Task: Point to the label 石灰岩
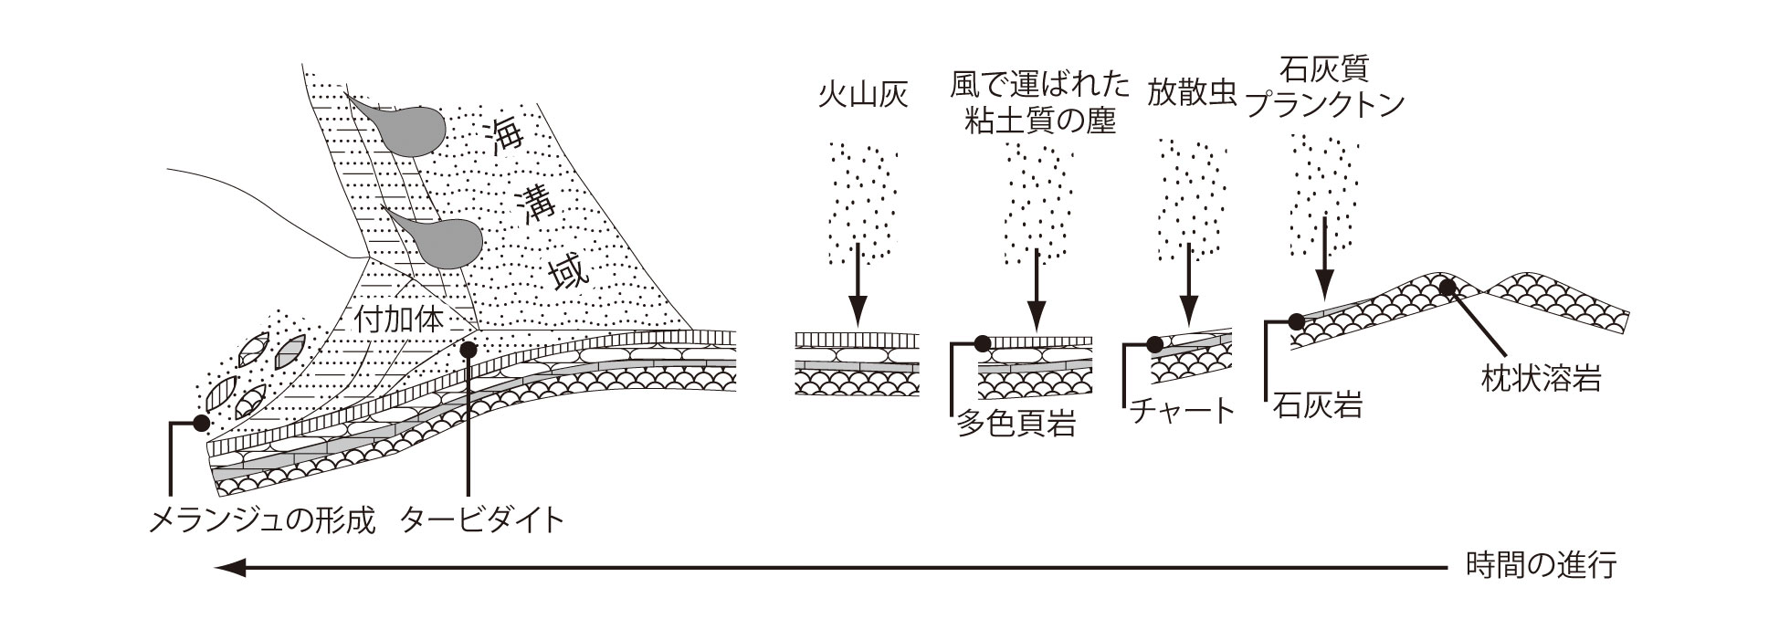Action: (x=1317, y=404)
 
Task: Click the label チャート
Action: (x=1182, y=411)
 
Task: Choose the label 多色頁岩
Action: (x=1015, y=424)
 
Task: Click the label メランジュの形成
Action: (x=261, y=519)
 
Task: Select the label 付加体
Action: (x=398, y=320)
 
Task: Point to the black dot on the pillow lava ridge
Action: (x=1447, y=287)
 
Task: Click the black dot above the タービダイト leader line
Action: (x=468, y=349)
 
